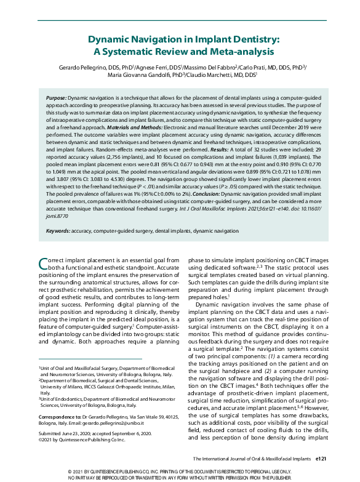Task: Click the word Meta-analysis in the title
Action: [x=237, y=52]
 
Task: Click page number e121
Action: [x=324, y=459]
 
